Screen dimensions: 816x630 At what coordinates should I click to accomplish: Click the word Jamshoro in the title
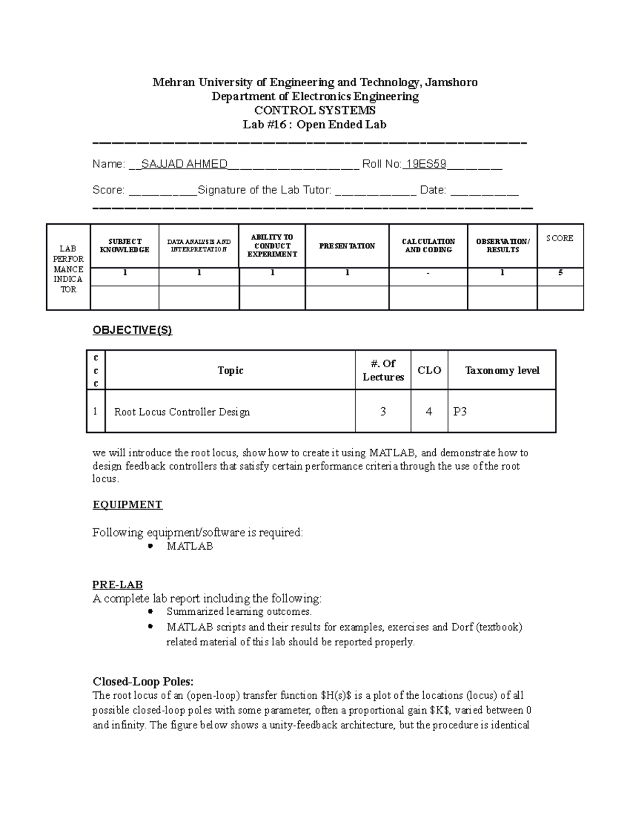451,82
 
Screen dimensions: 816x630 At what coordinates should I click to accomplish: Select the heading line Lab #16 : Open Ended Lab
314,125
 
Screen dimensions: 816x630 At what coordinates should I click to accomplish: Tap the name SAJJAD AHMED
184,164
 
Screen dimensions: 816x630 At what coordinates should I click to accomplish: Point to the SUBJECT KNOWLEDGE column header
124,246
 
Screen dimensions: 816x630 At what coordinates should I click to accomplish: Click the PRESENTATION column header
347,246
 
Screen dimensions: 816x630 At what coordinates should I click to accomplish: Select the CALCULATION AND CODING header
428,246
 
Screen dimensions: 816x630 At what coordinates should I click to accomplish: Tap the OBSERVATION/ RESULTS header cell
502,246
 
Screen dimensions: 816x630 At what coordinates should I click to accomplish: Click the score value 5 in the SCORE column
561,273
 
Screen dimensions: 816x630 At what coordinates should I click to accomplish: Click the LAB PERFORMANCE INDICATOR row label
68,269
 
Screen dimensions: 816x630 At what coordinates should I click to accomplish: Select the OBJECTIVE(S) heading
132,330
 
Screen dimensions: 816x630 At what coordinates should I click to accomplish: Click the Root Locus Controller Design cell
182,412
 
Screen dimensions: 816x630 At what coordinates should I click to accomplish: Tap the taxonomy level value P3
460,412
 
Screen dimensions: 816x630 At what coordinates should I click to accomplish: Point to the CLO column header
429,370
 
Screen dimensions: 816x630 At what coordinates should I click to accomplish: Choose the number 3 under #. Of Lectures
383,412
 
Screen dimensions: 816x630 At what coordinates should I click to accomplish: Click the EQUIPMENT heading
128,505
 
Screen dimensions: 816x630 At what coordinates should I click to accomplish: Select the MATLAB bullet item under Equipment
190,546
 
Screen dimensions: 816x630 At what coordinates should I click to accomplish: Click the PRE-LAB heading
118,585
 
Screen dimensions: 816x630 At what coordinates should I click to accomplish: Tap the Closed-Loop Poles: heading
143,681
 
